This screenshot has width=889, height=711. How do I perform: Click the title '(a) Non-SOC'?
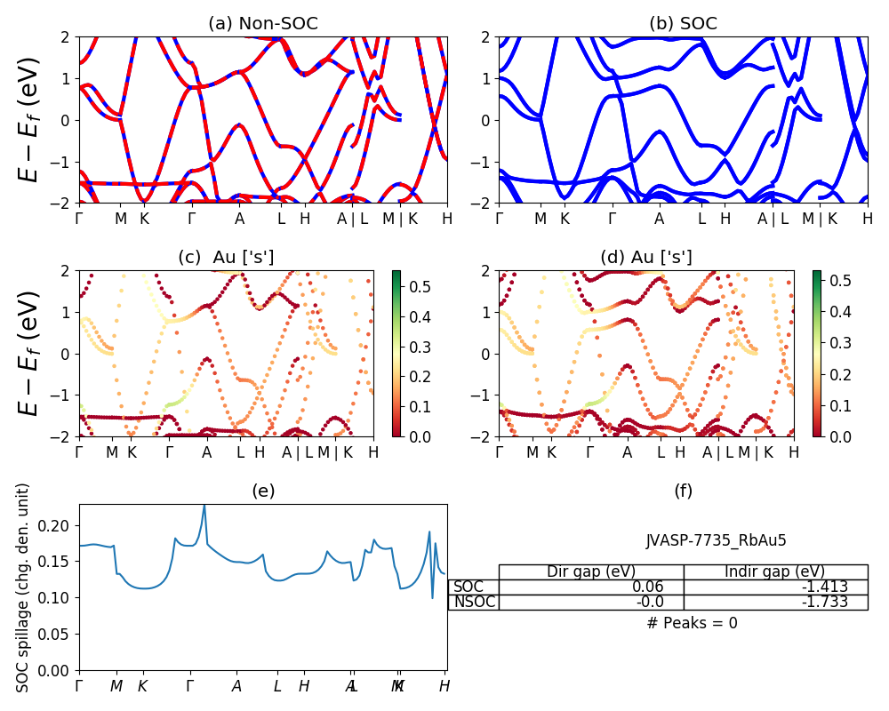(263, 24)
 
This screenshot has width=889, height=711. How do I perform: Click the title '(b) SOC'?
(683, 24)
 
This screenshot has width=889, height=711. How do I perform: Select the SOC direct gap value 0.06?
(661, 587)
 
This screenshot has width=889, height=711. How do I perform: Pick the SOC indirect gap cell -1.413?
(827, 587)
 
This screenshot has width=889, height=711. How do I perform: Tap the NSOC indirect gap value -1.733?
(827, 602)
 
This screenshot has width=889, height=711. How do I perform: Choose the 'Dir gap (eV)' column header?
(591, 571)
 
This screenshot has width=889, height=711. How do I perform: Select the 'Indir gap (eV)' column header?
(775, 571)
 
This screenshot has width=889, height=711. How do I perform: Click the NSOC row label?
(474, 602)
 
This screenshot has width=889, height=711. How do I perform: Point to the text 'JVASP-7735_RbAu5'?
(716, 540)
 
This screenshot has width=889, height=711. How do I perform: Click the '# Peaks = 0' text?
(693, 623)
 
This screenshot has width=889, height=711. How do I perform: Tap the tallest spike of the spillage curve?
(204, 506)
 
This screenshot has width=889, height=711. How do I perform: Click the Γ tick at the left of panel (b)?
(499, 218)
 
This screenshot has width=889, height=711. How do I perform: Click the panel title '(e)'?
(263, 491)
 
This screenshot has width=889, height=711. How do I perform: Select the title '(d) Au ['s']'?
(646, 258)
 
